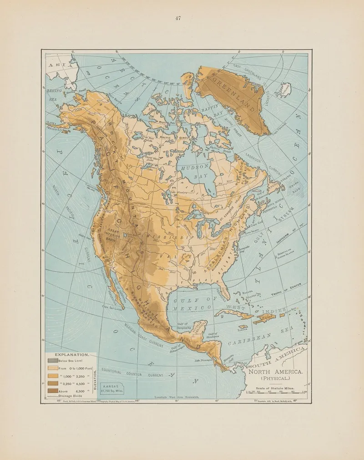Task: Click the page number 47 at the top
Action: pyautogui.click(x=177, y=19)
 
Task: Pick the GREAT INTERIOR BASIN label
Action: pyautogui.click(x=113, y=233)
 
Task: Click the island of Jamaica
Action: pyautogui.click(x=243, y=327)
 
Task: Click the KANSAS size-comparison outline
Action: pyautogui.click(x=112, y=388)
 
